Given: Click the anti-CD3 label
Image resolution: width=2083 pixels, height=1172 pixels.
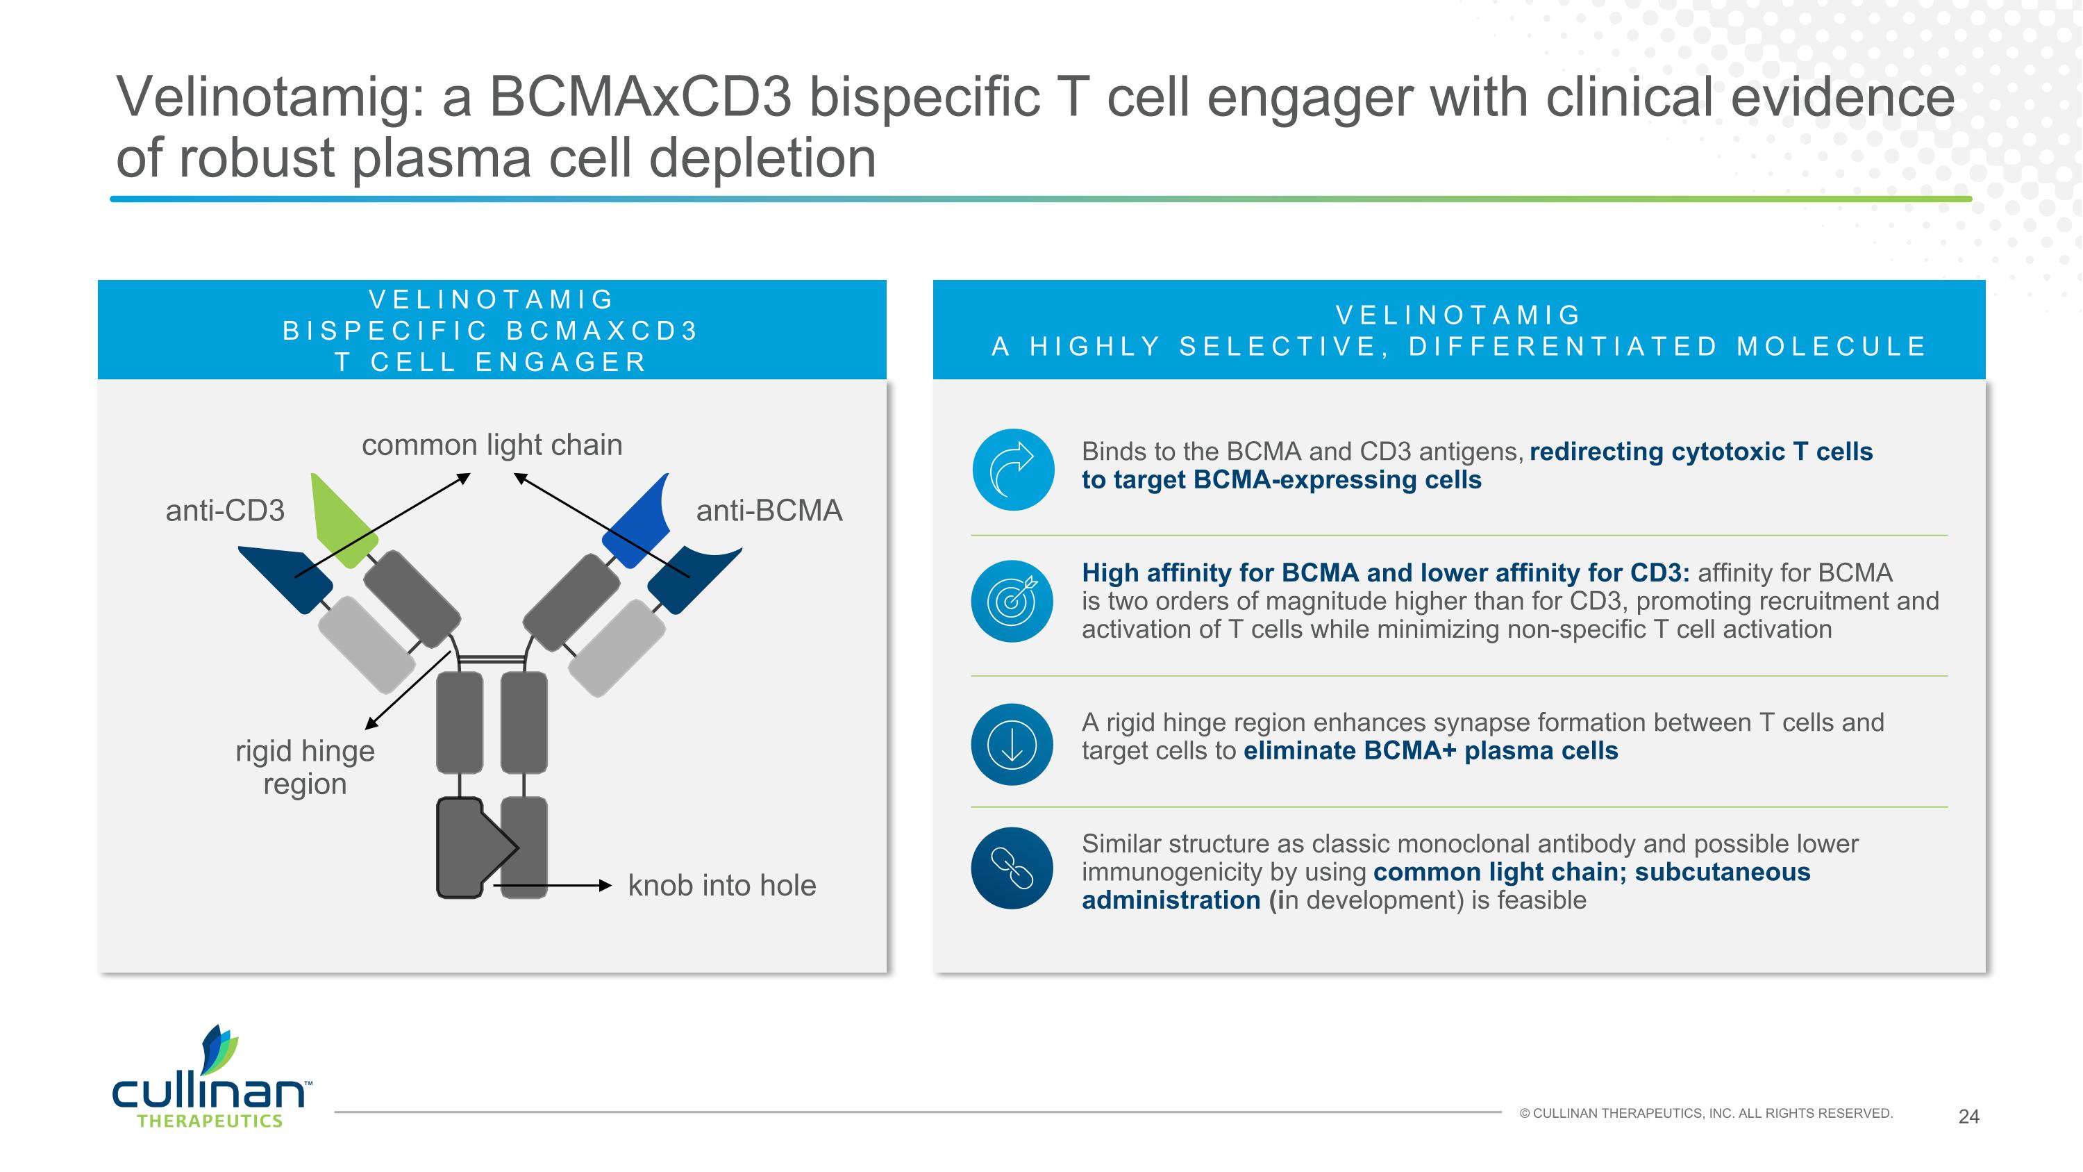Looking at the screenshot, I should pos(225,511).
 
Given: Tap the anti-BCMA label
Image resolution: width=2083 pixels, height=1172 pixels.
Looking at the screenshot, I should pos(769,511).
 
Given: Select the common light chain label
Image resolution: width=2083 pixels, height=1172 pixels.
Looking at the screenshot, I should pos(492,445).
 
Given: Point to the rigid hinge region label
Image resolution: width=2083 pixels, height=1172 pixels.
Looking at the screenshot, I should pos(305,767).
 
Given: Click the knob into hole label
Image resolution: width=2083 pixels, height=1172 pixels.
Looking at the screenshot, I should pos(722,886).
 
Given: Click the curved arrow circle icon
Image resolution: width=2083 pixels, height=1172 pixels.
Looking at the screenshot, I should pos(1013,469).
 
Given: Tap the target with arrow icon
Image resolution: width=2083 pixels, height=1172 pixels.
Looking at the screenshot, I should pos(1012,601).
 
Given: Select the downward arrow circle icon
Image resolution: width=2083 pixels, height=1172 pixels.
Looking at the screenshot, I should pos(1012,744).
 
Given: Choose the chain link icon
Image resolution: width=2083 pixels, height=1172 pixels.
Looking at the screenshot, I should pos(1012,868).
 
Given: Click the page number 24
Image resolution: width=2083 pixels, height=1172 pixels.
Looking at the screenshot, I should pos(1968,1117).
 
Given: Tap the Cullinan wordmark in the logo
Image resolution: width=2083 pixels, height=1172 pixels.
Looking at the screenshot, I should pos(208,1092).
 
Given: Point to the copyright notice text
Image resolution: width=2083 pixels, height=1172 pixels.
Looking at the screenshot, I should pos(1706,1114).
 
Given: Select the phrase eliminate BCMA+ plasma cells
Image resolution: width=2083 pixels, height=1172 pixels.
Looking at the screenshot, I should pos(1430,750).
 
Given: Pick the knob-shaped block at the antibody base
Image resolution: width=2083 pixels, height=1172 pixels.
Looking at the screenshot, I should pos(469,848).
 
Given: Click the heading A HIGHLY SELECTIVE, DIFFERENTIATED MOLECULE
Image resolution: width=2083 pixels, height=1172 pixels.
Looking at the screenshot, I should pos(1459,346).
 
